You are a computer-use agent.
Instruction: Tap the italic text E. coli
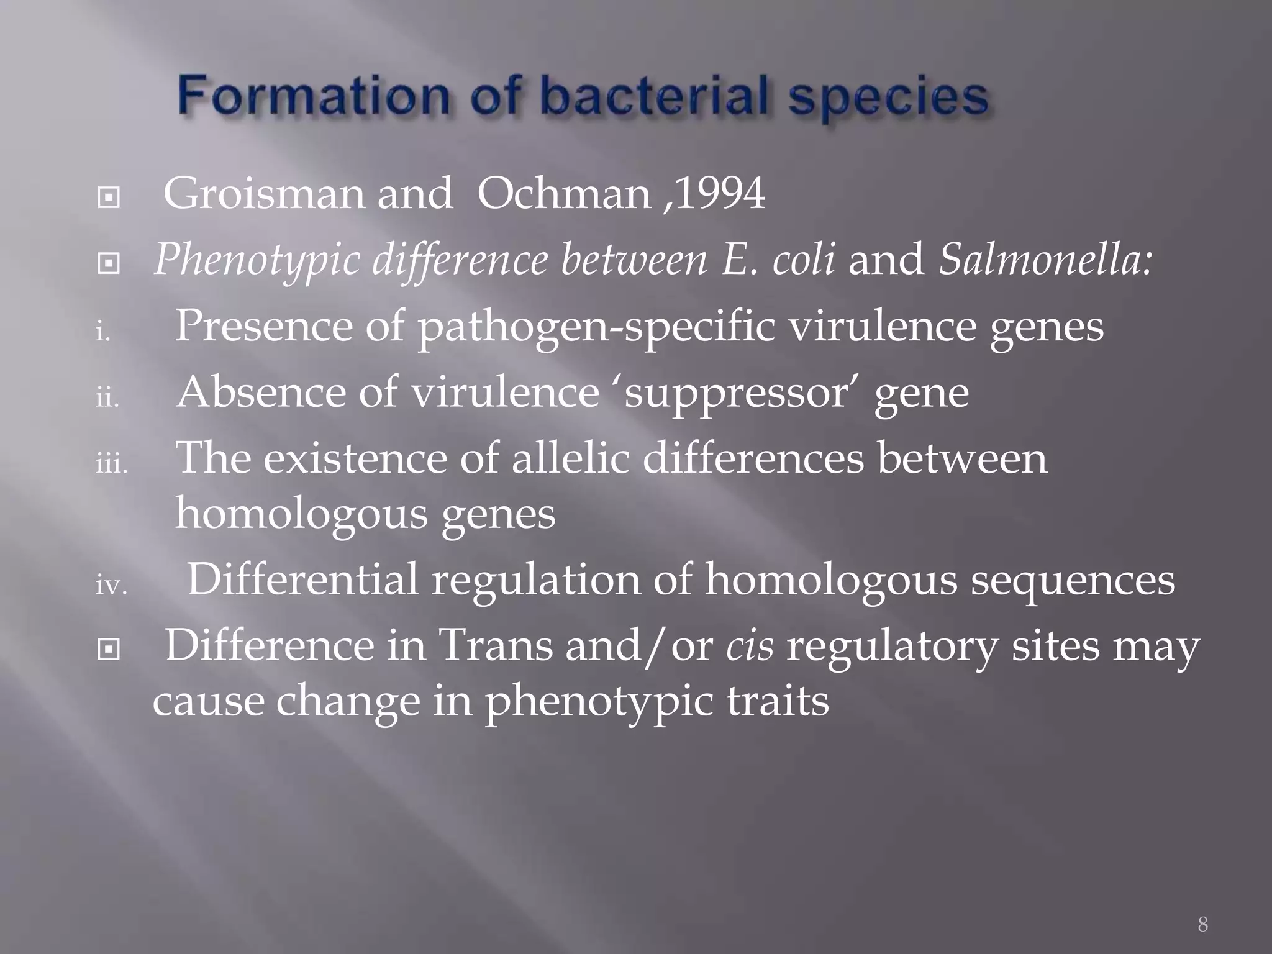pos(778,260)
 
